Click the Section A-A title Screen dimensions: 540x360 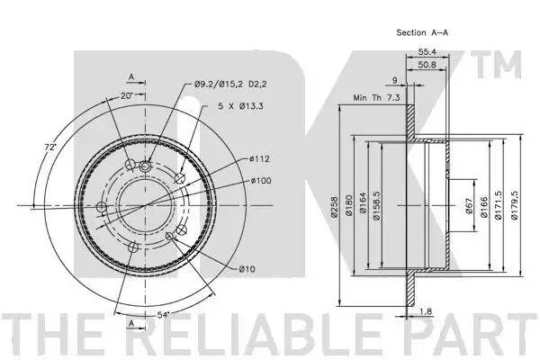tap(422, 32)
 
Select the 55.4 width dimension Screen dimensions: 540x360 tap(427, 51)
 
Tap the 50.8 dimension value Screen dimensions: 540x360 tap(427, 65)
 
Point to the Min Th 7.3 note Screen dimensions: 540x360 tap(377, 98)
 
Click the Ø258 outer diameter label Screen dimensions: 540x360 tap(335, 207)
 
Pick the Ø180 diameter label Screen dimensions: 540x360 tap(349, 206)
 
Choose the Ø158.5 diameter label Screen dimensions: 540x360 tap(376, 206)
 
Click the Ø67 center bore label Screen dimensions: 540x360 tap(469, 206)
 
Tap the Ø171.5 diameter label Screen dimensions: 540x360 tap(498, 206)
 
